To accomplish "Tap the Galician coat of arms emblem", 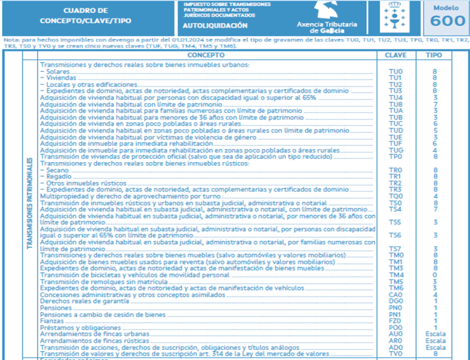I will coord(392,16).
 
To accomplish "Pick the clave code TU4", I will coord(396,97).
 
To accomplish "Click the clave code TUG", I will coord(396,150).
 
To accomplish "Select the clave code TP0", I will coord(396,156).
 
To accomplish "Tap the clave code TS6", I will coord(396,235).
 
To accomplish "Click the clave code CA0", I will coord(396,295).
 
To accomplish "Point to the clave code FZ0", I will coord(396,321).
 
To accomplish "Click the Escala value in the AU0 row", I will coord(435,334).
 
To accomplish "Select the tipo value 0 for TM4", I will coord(435,275).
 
